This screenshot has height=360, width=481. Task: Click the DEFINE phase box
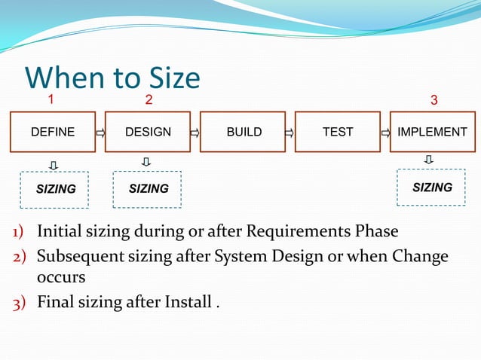pyautogui.click(x=52, y=132)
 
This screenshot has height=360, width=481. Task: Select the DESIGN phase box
pyautogui.click(x=148, y=132)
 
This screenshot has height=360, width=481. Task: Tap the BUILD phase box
pyautogui.click(x=244, y=132)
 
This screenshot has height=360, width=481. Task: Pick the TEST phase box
pyautogui.click(x=338, y=132)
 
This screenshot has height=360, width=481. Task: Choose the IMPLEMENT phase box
pyautogui.click(x=433, y=132)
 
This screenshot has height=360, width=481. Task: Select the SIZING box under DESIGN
pyautogui.click(x=148, y=188)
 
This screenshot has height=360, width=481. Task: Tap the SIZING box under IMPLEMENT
pyautogui.click(x=432, y=187)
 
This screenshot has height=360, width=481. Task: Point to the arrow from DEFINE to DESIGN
pyautogui.click(x=100, y=133)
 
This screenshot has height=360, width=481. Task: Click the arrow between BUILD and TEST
pyautogui.click(x=290, y=133)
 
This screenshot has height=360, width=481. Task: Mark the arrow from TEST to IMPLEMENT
pyautogui.click(x=385, y=133)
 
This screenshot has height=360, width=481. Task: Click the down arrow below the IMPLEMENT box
pyautogui.click(x=428, y=159)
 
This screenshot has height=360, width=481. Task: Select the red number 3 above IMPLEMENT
pyautogui.click(x=434, y=100)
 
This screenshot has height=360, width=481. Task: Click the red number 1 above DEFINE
pyautogui.click(x=51, y=99)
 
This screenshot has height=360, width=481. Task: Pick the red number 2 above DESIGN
pyautogui.click(x=149, y=99)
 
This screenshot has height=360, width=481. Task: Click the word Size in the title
pyautogui.click(x=167, y=78)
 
